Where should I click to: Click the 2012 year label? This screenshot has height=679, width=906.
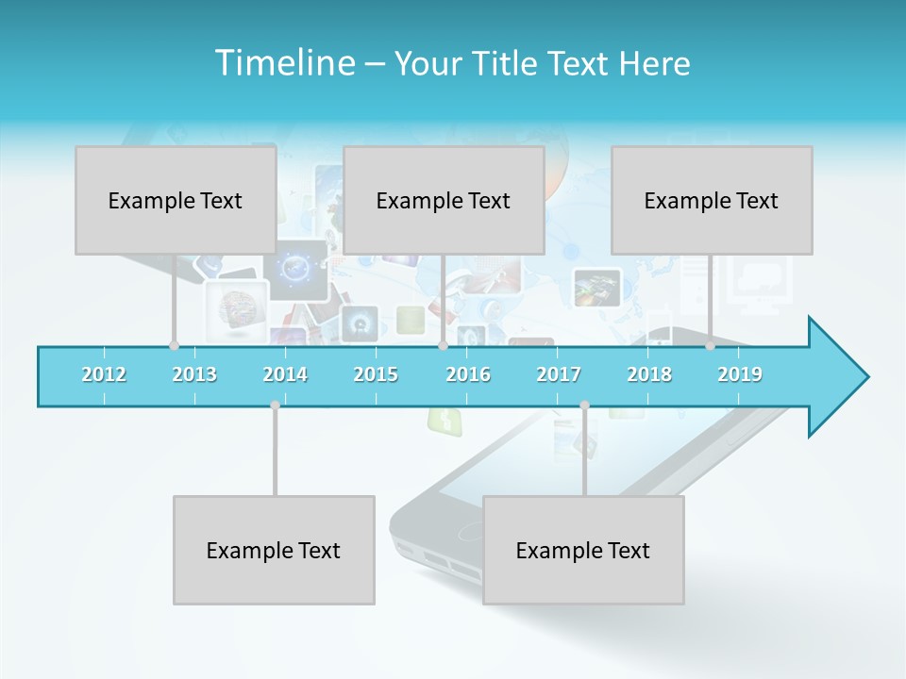[x=104, y=374]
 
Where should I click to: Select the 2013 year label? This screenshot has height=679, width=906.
[x=194, y=374]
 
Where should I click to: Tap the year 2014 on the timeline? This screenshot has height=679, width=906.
[x=285, y=374]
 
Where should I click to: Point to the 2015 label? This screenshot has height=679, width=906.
[x=376, y=374]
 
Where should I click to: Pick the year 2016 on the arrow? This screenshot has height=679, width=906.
[x=468, y=374]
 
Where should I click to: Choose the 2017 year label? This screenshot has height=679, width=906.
[x=559, y=374]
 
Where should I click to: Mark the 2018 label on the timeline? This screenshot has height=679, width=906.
[x=649, y=374]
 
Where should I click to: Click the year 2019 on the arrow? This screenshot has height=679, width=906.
[x=740, y=374]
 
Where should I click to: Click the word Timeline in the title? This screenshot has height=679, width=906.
[x=283, y=63]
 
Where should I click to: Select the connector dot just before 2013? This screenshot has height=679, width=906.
[x=174, y=345]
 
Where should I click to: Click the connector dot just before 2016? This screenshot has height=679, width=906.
[x=443, y=345]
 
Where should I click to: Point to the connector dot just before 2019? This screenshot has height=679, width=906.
[x=710, y=345]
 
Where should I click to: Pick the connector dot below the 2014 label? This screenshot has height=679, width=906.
[x=275, y=405]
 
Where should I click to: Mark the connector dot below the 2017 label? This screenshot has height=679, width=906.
[x=584, y=405]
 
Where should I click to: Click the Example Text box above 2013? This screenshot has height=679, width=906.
[x=176, y=200]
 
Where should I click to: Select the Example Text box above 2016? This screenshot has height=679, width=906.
[x=444, y=200]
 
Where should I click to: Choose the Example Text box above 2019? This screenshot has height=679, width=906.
[x=712, y=200]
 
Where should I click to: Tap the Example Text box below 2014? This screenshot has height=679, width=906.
[x=274, y=550]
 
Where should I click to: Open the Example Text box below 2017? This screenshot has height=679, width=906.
[x=583, y=550]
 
